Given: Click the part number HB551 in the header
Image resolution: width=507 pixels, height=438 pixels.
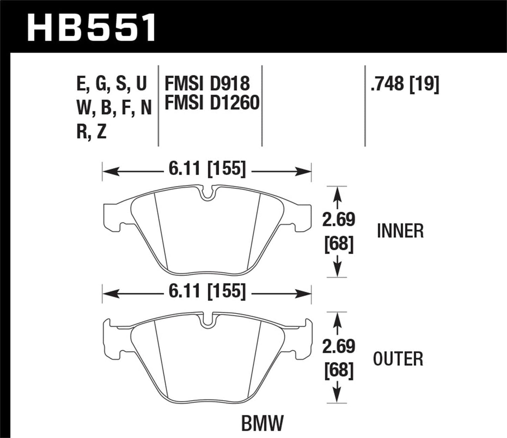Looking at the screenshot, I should [92, 27].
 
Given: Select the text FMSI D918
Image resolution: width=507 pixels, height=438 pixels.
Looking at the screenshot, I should [207, 84].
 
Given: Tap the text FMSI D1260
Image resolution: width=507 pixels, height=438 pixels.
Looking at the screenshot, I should [212, 103].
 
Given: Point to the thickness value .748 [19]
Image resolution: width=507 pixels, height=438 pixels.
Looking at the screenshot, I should [405, 84].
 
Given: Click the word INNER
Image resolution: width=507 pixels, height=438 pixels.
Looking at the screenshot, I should [400, 231].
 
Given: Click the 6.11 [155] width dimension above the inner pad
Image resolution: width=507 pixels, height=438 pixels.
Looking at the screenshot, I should [207, 170].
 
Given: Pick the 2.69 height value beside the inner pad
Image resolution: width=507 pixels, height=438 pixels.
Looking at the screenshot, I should [339, 220].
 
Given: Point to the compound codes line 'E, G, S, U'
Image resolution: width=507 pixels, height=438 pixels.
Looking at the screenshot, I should [112, 84].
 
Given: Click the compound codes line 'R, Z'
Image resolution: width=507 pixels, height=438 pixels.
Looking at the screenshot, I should [91, 132].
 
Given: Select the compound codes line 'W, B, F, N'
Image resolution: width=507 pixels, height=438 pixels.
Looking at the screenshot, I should [114, 108].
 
